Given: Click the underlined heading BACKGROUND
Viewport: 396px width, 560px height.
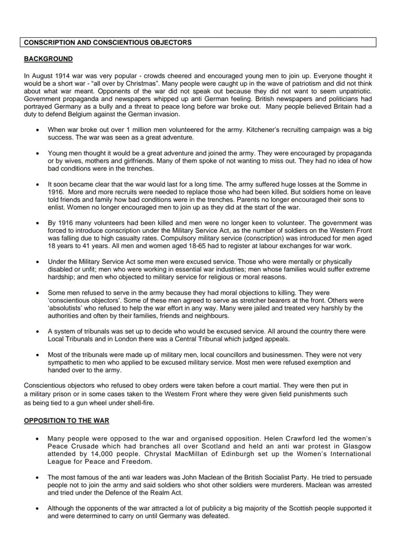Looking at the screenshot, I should (x=48, y=59).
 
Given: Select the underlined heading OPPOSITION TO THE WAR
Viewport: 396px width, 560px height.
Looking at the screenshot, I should (x=66, y=421).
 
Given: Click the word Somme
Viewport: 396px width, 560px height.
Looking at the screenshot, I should (x=354, y=184).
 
